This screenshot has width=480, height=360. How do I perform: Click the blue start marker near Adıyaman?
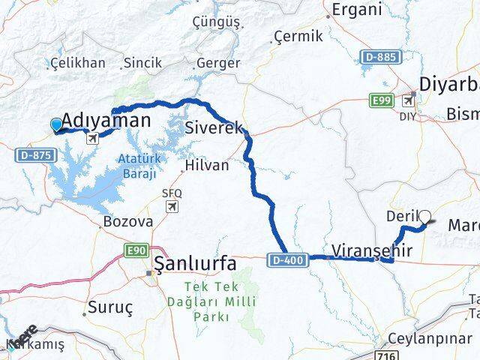pyautogui.click(x=56, y=124)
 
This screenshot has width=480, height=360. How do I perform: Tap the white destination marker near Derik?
pyautogui.click(x=425, y=217)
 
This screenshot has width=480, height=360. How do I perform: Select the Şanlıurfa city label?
pyautogui.click(x=195, y=263)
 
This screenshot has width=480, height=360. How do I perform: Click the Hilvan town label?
pyautogui.click(x=206, y=165)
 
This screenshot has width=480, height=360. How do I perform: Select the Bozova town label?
pyautogui.click(x=128, y=222)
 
